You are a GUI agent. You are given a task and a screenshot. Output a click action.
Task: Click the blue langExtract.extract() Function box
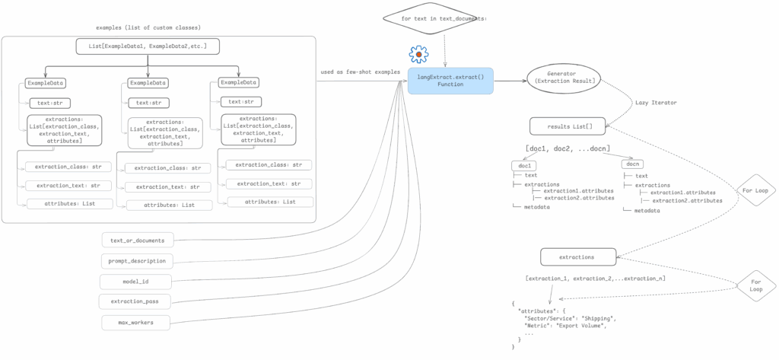pos(450,80)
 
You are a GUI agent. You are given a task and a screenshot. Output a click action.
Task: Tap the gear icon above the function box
pos(418,55)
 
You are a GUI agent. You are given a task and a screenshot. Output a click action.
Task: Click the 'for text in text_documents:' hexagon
pos(444,17)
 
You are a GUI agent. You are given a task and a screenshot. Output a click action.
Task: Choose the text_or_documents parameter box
pos(138,241)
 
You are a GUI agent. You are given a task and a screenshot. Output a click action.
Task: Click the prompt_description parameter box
pos(138,261)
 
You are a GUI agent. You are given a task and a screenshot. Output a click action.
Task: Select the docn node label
pos(632,164)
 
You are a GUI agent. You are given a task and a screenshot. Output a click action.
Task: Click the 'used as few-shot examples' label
pos(360,72)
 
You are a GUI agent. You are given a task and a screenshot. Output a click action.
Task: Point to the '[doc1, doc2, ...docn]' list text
pos(567,148)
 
